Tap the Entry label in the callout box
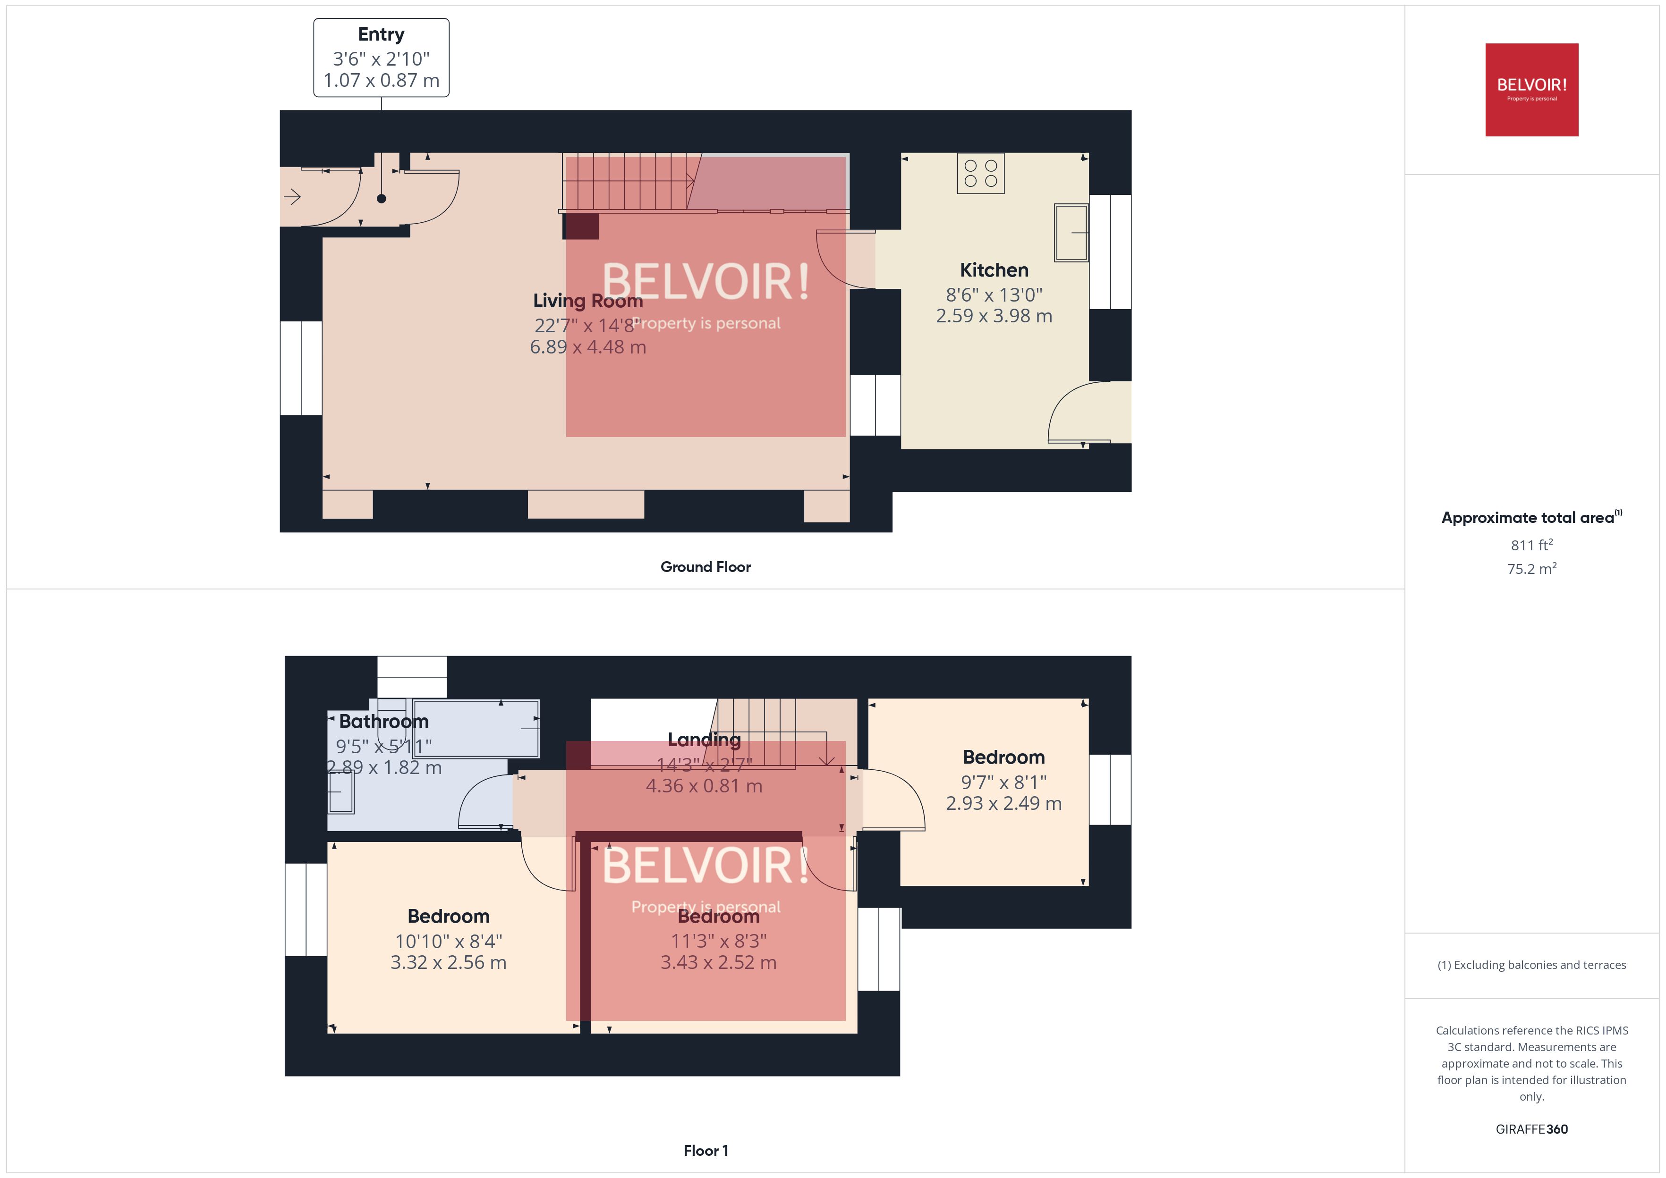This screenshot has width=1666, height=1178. [x=381, y=34]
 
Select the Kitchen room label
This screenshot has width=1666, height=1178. [x=994, y=270]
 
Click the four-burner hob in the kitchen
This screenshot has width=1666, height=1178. [x=980, y=173]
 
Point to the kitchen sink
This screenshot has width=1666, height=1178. [x=1071, y=232]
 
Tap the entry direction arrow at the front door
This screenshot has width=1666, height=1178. [x=292, y=197]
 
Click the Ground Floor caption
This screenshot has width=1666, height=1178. [x=705, y=566]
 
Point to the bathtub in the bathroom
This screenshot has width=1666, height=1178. [x=475, y=728]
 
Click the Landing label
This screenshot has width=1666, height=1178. [x=704, y=739]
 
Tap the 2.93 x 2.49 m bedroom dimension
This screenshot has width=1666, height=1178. [x=1003, y=803]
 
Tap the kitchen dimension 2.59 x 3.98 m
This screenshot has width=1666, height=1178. [x=994, y=316]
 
